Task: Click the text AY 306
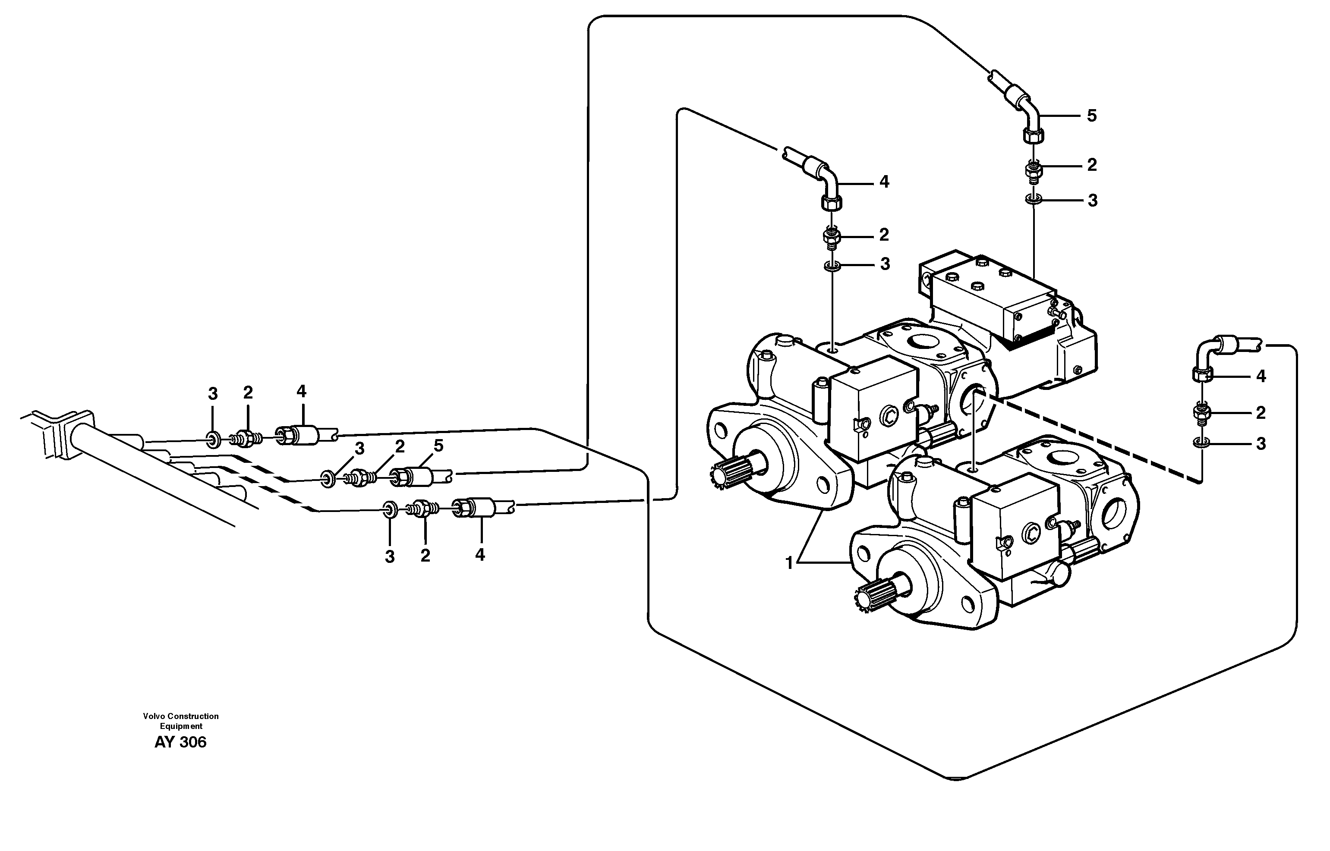pos(180,742)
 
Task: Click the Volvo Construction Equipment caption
pos(181,721)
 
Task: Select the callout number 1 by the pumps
pos(789,563)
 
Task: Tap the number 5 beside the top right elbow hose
pos(1091,116)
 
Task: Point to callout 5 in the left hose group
pos(438,446)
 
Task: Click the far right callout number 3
pos(1261,444)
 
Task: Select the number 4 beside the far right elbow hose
pos(1261,376)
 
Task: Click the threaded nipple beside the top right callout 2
pos(1033,170)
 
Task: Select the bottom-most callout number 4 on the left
pos(480,554)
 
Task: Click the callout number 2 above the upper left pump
pos(884,235)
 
